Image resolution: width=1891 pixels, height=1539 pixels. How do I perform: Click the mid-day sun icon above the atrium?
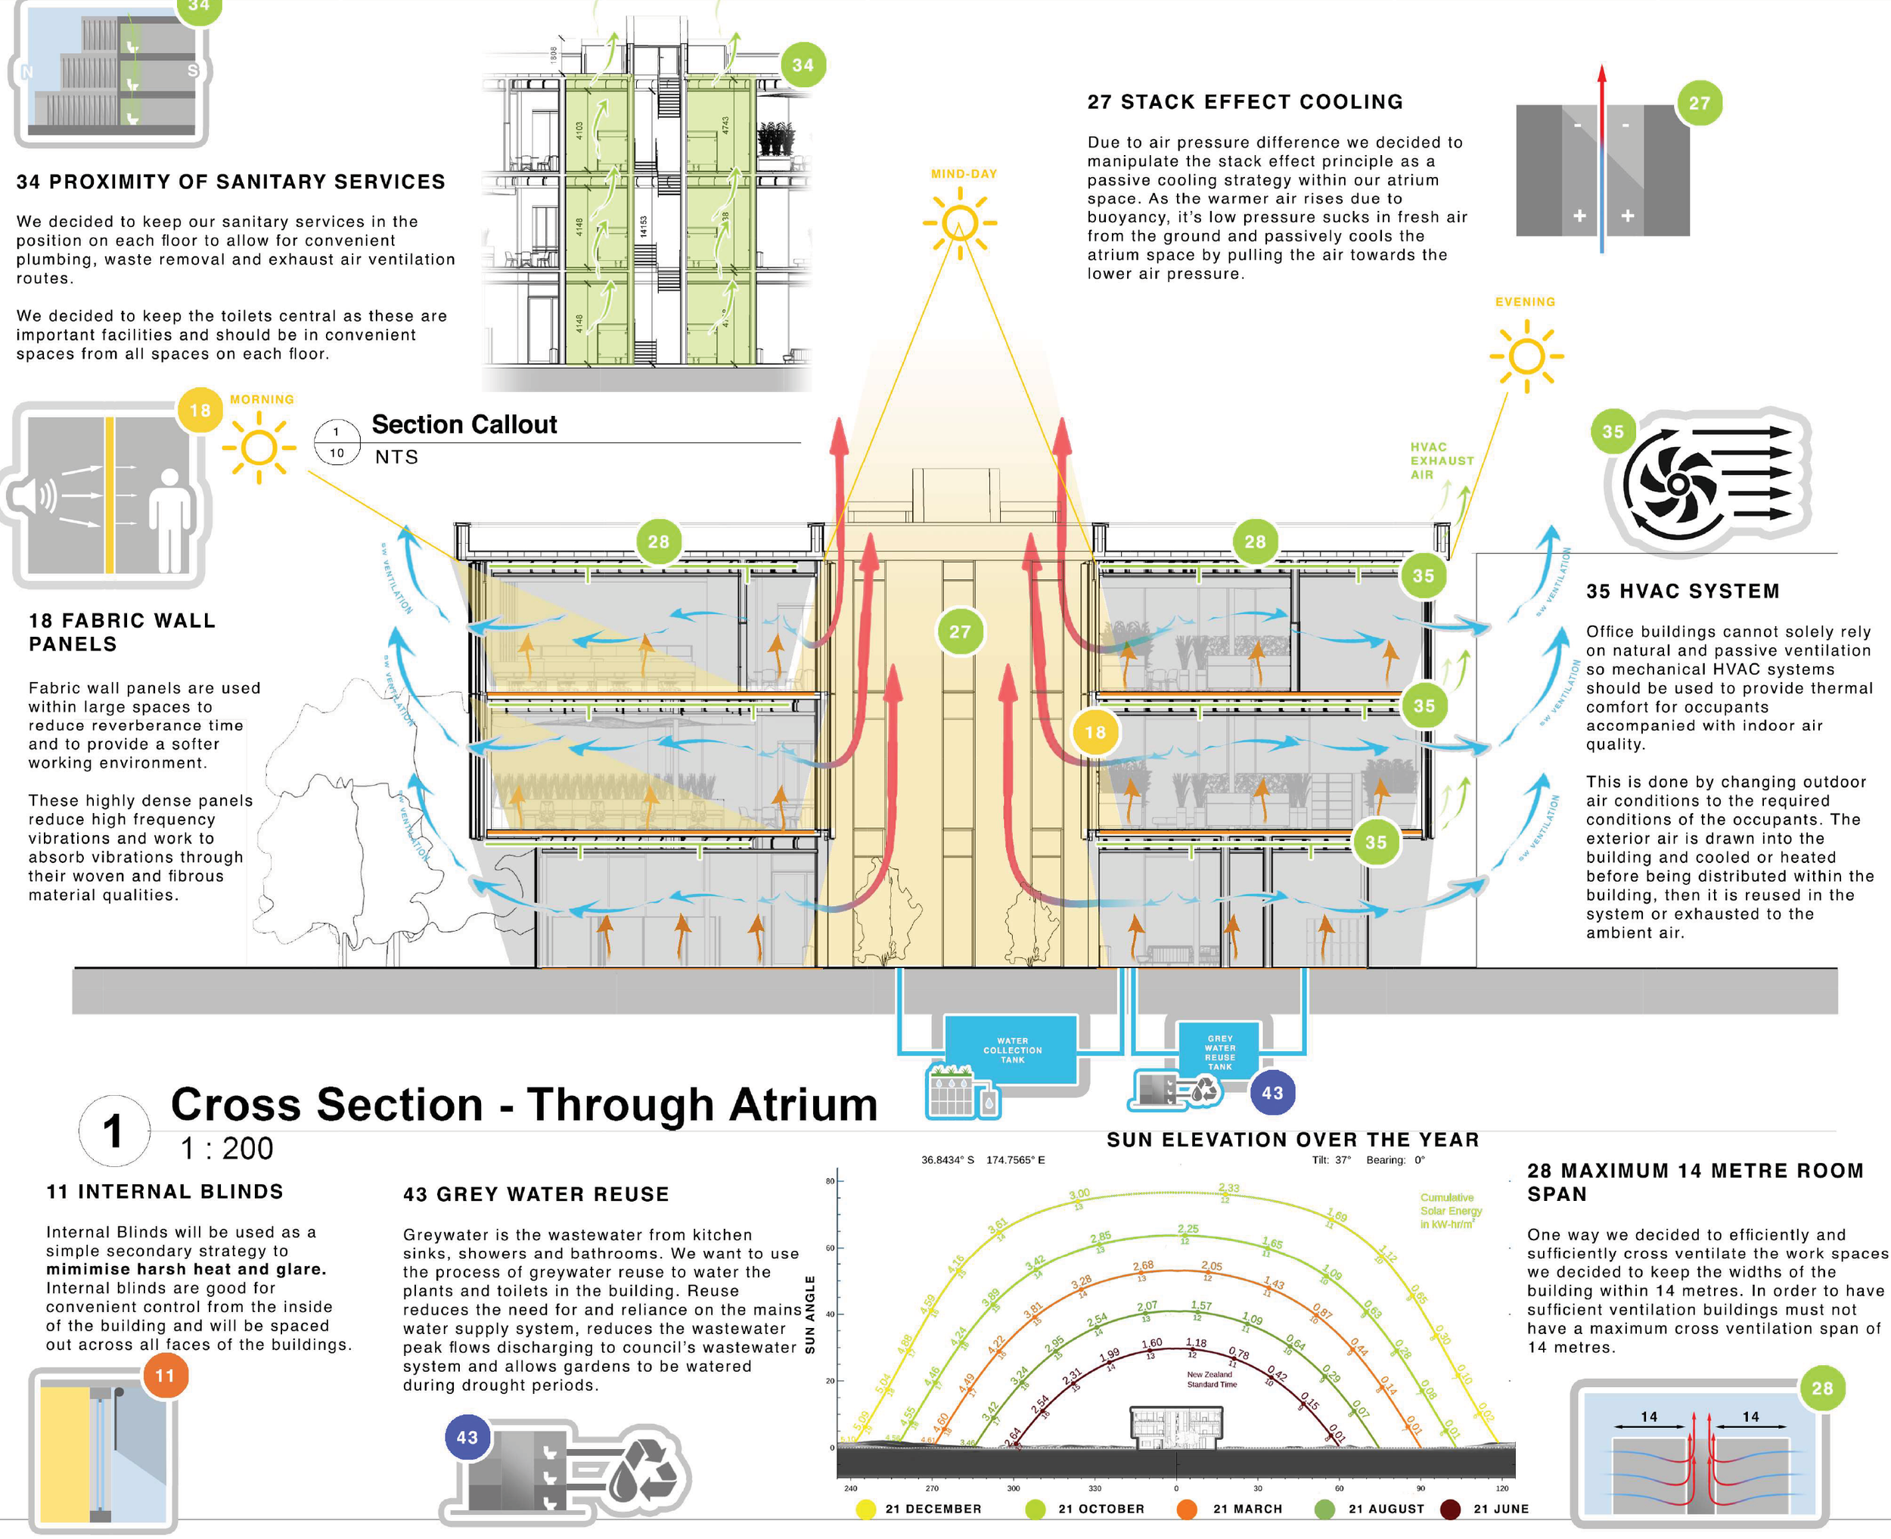coord(959,222)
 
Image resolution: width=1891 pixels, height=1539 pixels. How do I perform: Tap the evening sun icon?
coord(1526,356)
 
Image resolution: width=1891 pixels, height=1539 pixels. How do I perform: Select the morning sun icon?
coord(259,448)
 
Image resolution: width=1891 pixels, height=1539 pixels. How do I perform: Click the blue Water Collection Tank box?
coord(1011,1050)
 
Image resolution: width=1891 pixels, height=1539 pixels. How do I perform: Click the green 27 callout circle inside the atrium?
coord(960,632)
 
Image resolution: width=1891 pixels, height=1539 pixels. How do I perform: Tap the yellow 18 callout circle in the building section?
coord(1095,732)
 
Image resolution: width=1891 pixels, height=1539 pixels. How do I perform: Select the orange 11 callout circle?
coord(165,1376)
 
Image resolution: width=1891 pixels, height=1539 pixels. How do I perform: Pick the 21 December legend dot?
coord(866,1509)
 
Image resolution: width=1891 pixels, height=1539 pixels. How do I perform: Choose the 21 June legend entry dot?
coord(1450,1509)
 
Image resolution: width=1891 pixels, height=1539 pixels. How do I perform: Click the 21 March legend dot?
coord(1186,1509)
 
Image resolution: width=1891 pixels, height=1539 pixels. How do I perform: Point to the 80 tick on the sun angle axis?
coord(831,1181)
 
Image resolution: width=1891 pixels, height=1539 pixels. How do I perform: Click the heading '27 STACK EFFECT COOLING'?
coord(1245,102)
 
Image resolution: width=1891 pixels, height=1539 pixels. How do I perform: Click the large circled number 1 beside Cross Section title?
coord(113,1131)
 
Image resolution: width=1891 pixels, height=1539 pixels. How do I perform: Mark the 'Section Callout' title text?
coord(464,425)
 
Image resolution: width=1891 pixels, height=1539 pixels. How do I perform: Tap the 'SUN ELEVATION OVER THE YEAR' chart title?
coord(1293,1140)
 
